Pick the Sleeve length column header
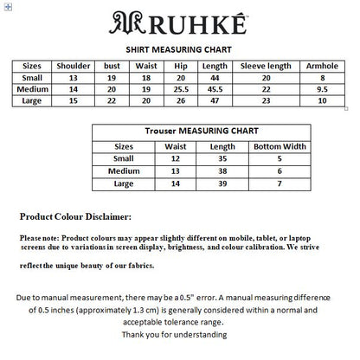click(x=265, y=66)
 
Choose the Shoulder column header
click(x=73, y=66)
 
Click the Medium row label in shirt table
click(x=31, y=89)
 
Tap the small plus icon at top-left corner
click(x=6, y=5)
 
